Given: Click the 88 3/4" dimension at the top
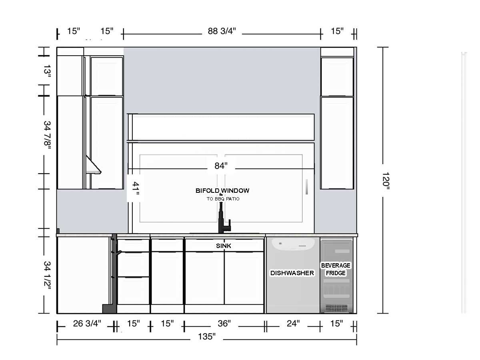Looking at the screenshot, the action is coord(222,31).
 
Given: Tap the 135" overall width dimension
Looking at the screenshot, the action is coord(207,337).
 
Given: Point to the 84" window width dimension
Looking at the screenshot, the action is coord(221,166).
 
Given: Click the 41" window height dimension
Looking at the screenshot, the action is coord(136,188).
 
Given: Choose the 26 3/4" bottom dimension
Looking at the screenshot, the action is coord(87,324).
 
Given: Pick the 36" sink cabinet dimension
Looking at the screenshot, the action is coord(224,324).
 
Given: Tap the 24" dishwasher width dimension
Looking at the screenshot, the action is coord(293,324).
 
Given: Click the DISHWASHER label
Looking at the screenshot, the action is coord(292,273).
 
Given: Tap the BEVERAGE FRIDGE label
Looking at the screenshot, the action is coord(336,269).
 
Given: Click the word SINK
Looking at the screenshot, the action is coord(224,246).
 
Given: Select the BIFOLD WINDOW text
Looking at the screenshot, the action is coord(222,191).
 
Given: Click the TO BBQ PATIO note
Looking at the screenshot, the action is coord(223,199).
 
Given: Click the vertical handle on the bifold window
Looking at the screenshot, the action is coord(307,187).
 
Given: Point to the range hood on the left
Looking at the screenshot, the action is coord(93,165).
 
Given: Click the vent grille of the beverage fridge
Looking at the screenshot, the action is coord(336,308).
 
